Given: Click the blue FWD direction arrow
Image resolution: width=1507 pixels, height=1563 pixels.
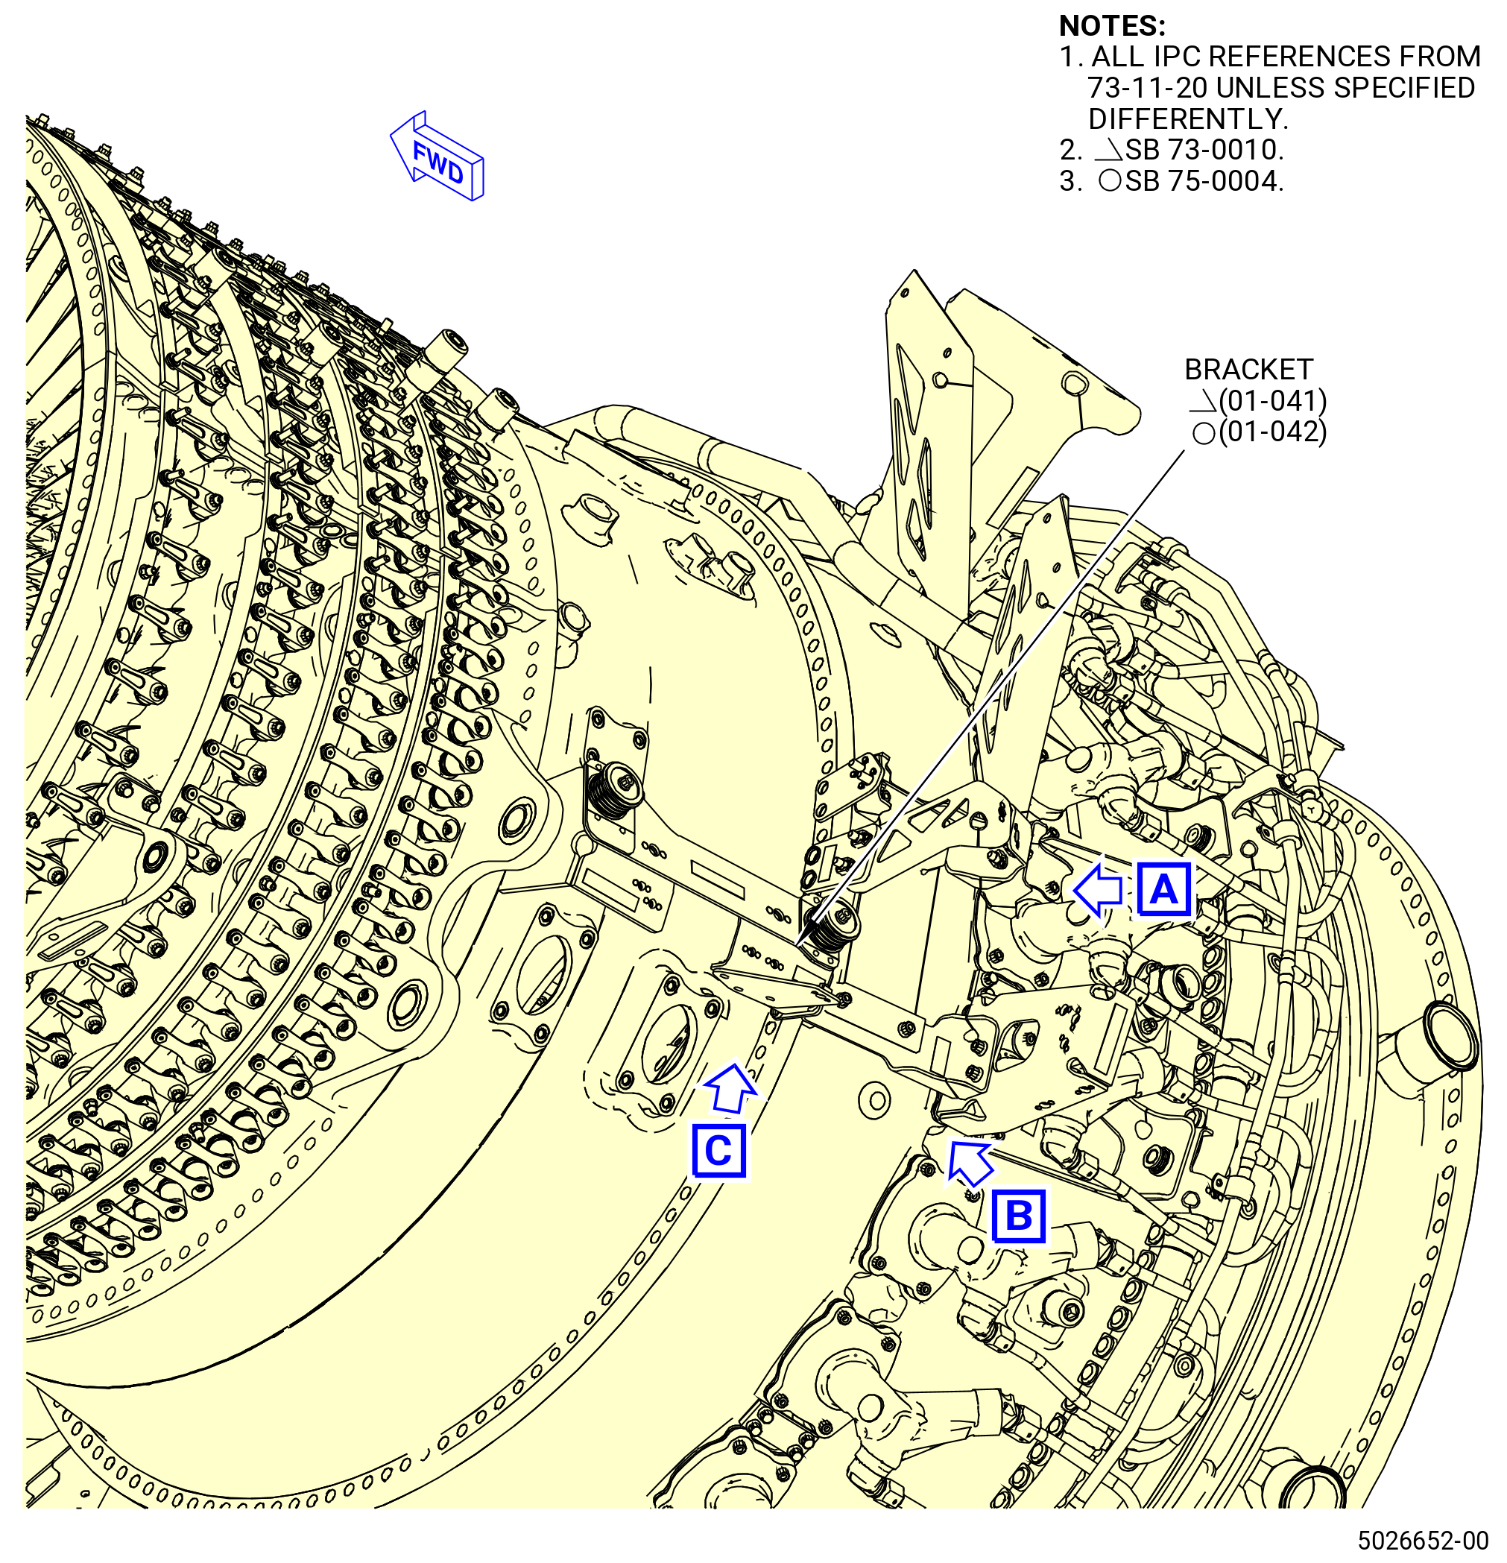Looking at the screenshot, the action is [437, 157].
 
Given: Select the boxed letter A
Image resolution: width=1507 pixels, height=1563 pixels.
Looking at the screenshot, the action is [1164, 889].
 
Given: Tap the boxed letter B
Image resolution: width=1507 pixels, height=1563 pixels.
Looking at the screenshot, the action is [1019, 1216].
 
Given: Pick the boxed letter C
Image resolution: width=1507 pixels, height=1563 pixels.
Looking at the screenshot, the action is [718, 1151].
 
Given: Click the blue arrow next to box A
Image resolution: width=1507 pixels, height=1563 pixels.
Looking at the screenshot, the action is [1098, 890].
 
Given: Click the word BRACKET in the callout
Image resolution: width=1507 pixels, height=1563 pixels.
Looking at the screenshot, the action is [1248, 369].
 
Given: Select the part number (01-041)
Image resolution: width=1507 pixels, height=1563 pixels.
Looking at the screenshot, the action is [1272, 400].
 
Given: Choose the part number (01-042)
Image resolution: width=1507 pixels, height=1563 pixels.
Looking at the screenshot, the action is [1272, 432].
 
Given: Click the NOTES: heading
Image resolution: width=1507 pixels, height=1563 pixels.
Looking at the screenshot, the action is [1112, 26].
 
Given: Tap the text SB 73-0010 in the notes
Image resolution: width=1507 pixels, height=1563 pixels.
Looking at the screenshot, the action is [1204, 150].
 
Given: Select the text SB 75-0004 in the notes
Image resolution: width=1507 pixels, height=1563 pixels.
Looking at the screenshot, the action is [1204, 181].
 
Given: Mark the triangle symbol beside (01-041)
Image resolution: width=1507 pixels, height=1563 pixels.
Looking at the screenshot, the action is [1203, 401].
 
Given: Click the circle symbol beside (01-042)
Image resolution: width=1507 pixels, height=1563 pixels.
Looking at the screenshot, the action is [1204, 434].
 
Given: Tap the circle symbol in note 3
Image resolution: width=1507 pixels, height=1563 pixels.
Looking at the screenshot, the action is [1110, 181].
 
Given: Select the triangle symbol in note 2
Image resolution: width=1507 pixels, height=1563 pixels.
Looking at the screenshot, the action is [1109, 151].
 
